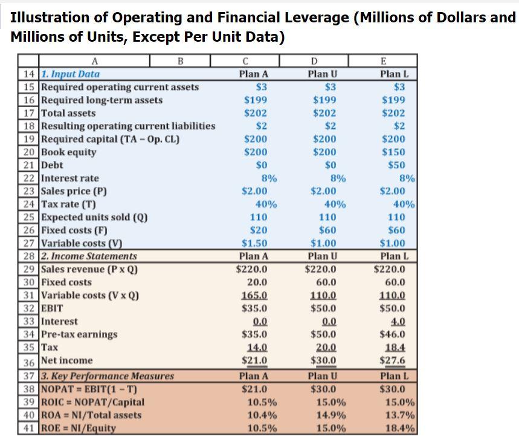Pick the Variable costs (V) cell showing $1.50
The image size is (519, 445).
click(256, 243)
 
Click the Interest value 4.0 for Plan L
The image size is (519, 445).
click(398, 322)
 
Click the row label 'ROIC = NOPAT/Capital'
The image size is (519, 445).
click(92, 402)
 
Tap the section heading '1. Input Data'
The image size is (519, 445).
click(70, 74)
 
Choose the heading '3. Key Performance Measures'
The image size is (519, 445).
click(107, 376)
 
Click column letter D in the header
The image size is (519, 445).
click(314, 61)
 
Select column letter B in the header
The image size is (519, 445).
click(180, 61)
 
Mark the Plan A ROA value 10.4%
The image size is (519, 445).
click(262, 415)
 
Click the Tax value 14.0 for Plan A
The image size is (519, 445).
click(258, 348)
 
